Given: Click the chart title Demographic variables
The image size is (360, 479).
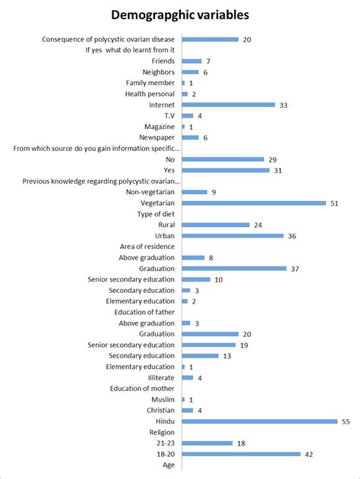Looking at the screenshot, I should point(180,14).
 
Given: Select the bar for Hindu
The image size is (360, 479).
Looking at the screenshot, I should point(259,421).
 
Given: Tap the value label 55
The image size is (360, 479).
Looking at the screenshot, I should point(346,421).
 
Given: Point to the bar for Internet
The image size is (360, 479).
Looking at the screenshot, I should point(229,105).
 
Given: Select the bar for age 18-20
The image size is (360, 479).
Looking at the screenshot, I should point(242,454).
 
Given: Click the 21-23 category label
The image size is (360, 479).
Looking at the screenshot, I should point(164,443).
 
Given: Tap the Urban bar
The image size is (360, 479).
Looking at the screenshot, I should point(232,235).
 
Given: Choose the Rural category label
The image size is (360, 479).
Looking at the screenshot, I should point(165,225).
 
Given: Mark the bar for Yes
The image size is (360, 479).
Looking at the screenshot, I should point(226,170).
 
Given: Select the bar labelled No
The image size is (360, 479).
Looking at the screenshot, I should point(223,159).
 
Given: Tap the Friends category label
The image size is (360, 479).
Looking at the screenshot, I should point(163,61).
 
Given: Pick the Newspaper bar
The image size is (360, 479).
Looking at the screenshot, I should point(190,137).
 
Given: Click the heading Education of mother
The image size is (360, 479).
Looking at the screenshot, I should point(143,389).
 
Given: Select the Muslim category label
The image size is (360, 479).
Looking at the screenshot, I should point(163,399).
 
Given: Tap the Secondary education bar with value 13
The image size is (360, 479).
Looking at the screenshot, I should point(200,355).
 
